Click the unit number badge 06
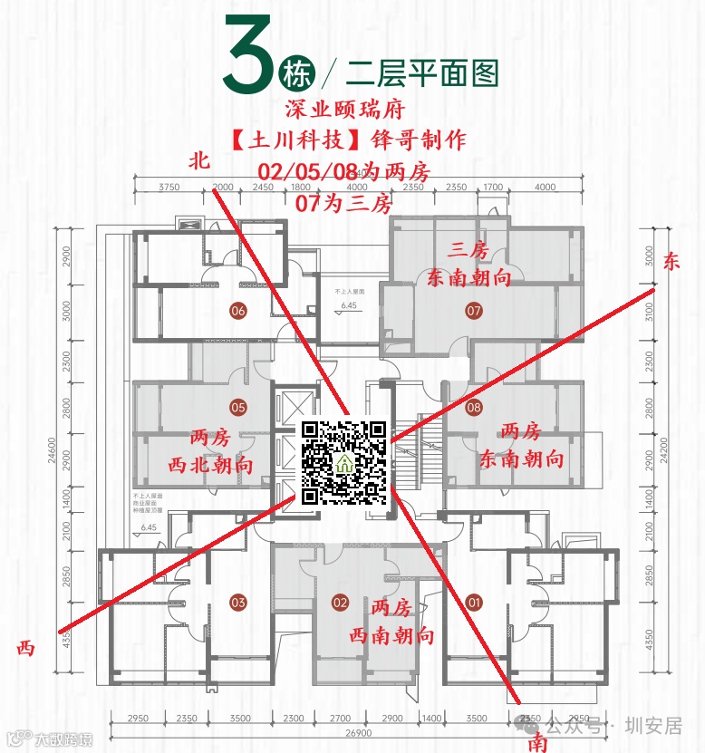pos(238,311)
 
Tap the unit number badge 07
pos(474,311)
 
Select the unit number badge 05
pos(238,407)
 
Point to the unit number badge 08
pos(474,408)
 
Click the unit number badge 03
pos(238,602)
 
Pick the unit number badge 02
pos(341,602)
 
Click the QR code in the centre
pos(343,462)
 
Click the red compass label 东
pos(671,263)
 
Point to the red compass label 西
pos(25,648)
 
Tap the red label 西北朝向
pos(211,465)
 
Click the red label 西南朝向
pos(391,635)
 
